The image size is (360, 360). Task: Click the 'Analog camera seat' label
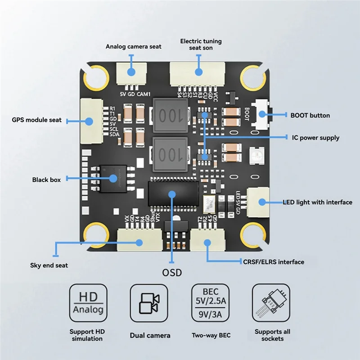(133, 46)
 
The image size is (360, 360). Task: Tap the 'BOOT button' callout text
(310, 116)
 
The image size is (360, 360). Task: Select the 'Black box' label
(46, 180)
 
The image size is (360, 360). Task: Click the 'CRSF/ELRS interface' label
(273, 262)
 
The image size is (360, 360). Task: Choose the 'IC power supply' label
(315, 138)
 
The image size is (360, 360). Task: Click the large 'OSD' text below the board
(172, 273)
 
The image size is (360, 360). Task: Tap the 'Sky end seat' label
(49, 265)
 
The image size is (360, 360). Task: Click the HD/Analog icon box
(88, 303)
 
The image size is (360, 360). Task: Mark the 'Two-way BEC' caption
(211, 335)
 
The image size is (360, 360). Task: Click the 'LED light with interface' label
(317, 202)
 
